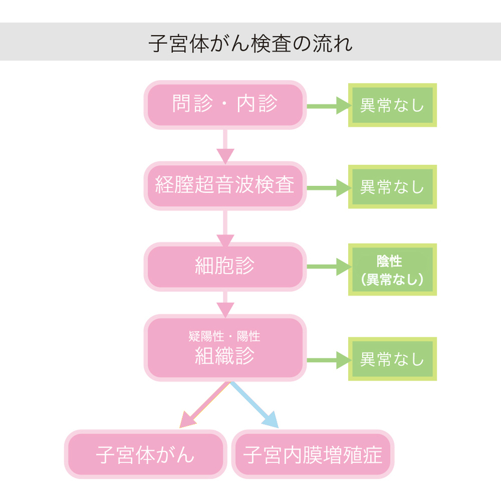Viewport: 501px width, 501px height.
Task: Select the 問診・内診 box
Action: [225, 105]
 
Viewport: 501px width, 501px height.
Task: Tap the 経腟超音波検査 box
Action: [225, 186]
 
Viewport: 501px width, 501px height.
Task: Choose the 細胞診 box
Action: [225, 267]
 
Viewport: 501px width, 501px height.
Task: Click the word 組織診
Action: [225, 356]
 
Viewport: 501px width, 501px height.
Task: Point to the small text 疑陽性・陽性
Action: [225, 336]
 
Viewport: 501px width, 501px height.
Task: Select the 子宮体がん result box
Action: [145, 454]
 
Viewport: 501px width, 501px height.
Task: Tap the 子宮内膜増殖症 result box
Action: [312, 454]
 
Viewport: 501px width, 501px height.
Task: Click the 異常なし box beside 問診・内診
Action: [392, 105]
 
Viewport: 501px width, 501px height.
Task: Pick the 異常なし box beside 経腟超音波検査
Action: [392, 187]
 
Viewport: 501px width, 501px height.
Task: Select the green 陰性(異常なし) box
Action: [392, 270]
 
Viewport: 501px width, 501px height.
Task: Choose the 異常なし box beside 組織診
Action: [392, 359]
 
